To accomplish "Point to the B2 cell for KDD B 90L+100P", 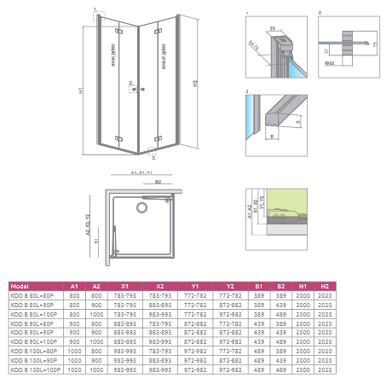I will (x=282, y=341).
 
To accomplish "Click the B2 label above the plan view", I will (x=158, y=181).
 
